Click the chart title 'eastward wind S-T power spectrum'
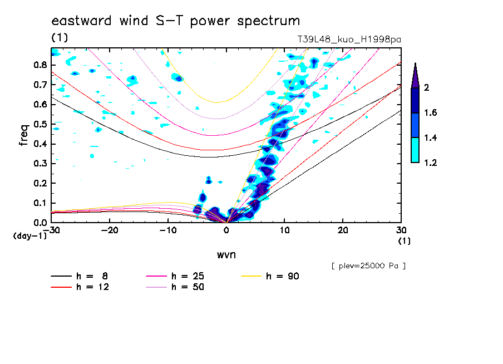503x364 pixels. click(176, 21)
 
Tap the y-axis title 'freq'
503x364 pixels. click(24, 135)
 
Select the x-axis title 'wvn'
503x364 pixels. click(226, 254)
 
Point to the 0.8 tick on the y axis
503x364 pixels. click(40, 65)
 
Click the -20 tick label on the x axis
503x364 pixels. click(110, 230)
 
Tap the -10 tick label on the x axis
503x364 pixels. click(169, 230)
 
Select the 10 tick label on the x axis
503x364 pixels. click(284, 230)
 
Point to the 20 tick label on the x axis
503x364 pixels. click(343, 230)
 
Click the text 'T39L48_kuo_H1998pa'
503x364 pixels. click(349, 40)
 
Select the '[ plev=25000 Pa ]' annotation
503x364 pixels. click(368, 266)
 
